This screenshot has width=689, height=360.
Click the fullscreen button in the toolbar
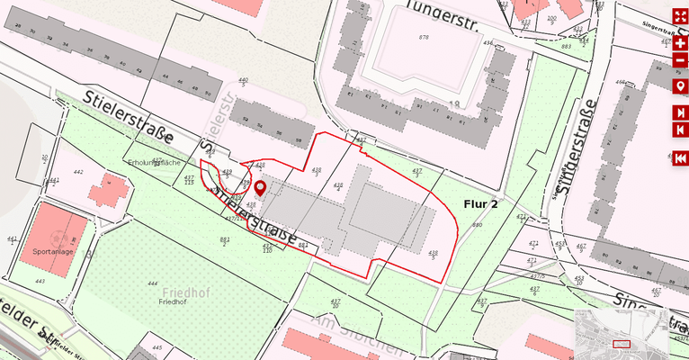(681, 17)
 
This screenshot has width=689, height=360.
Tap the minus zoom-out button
(681, 61)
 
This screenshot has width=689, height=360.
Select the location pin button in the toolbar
(681, 86)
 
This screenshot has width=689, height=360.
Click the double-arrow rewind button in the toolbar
(681, 158)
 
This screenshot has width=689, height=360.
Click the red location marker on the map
(261, 188)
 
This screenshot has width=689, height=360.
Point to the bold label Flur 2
(481, 203)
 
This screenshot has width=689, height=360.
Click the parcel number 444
(153, 283)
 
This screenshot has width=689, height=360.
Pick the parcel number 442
(78, 172)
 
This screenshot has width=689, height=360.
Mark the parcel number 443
(40, 281)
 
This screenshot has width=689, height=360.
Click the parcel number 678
(424, 37)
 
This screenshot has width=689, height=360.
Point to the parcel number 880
(477, 225)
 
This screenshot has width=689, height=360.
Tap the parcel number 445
(157, 346)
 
